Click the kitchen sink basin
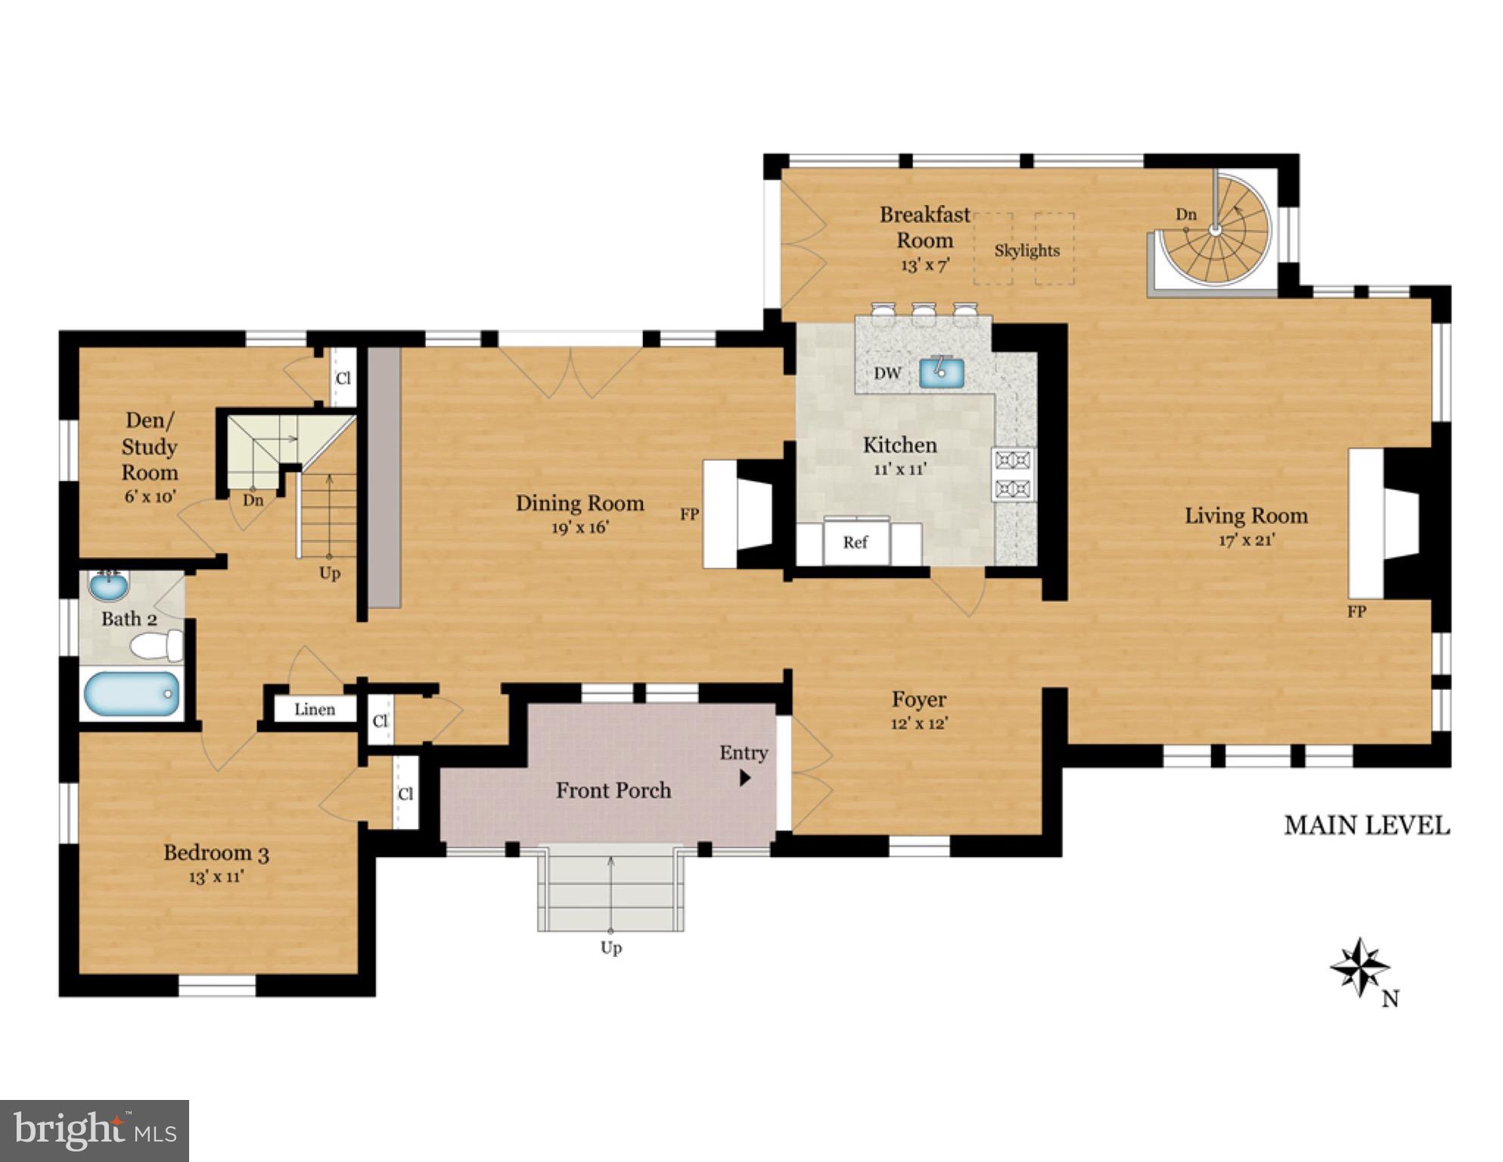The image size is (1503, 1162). [x=941, y=372]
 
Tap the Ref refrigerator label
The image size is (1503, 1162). [x=855, y=542]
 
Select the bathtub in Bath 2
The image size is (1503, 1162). [x=132, y=693]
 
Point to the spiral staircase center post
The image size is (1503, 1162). [x=1214, y=231]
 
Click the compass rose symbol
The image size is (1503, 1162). [x=1359, y=968]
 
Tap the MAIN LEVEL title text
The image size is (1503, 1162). [x=1366, y=825]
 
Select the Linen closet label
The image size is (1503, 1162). [x=315, y=710]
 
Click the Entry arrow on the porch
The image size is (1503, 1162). [x=745, y=777]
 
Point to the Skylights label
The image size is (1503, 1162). [x=1026, y=250]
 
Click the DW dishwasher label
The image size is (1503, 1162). [x=887, y=373]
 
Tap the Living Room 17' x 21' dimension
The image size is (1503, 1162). [x=1246, y=540]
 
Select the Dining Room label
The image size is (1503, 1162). [x=579, y=503]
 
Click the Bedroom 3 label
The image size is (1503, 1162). [x=216, y=853]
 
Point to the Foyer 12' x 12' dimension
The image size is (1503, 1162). [x=919, y=723]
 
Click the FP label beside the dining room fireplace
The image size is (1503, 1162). [x=689, y=514]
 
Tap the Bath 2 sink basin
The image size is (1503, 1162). [x=109, y=585]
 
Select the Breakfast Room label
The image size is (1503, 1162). [x=924, y=227]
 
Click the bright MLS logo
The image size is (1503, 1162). [x=94, y=1130]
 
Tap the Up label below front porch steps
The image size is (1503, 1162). [x=610, y=947]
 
